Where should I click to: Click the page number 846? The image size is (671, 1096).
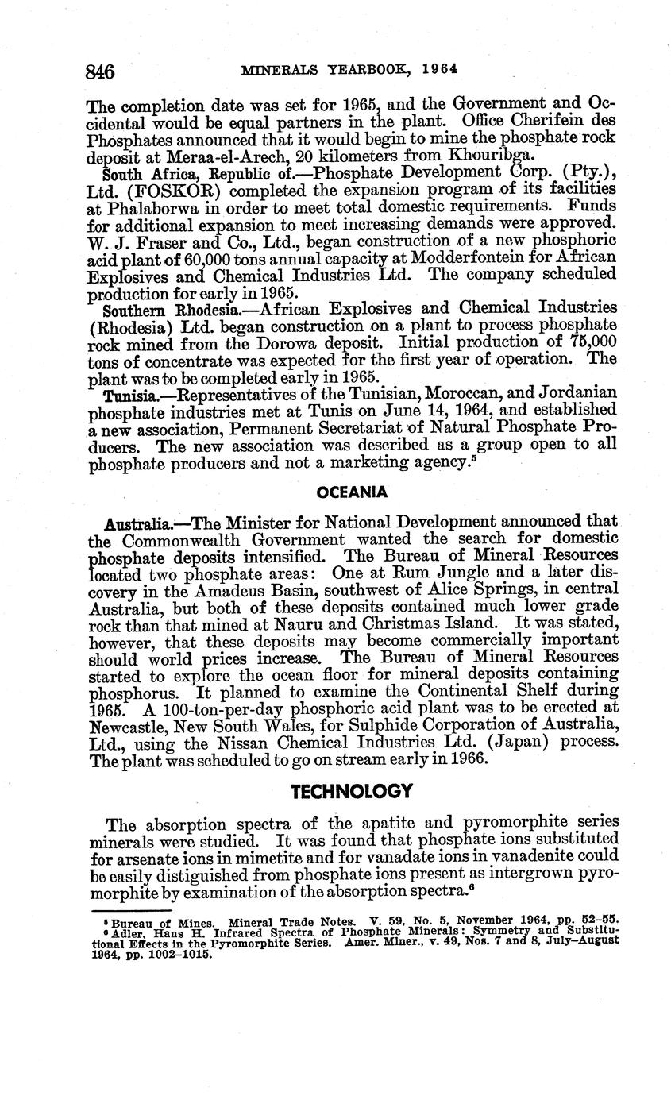(x=101, y=71)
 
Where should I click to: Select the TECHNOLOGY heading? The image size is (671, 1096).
(x=352, y=791)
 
